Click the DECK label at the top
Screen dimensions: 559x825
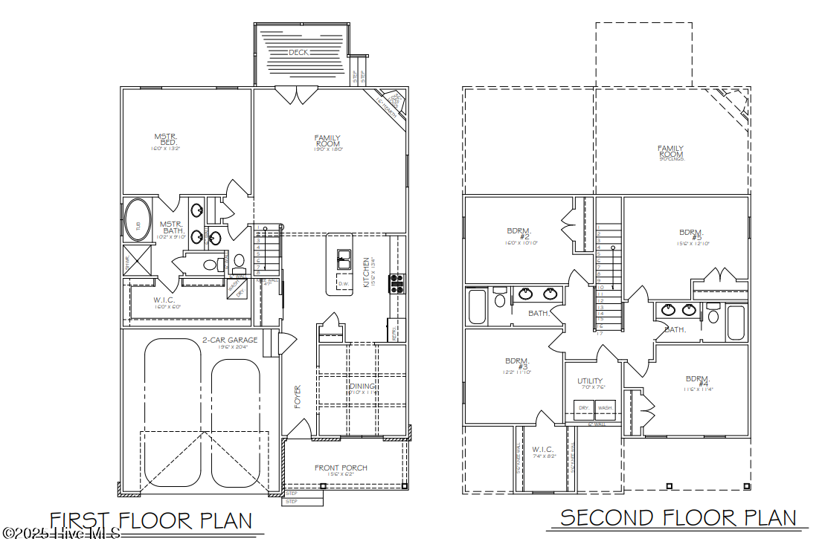(299, 52)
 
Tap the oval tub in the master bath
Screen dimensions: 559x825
(136, 221)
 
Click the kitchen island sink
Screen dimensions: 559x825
(344, 259)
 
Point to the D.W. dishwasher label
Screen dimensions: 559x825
(344, 284)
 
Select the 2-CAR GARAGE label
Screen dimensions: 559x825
(230, 340)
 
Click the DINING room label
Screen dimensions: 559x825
(363, 387)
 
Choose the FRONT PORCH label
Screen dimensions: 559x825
(341, 468)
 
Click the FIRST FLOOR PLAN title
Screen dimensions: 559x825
(151, 520)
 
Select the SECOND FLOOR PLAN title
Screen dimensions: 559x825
(678, 517)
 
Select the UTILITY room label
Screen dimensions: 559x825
(590, 381)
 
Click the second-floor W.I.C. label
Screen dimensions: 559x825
(544, 450)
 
